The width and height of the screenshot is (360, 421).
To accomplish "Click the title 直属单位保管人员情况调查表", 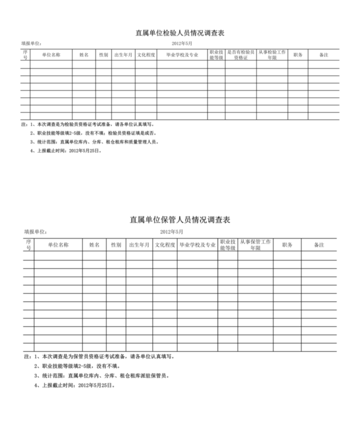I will point(180,220).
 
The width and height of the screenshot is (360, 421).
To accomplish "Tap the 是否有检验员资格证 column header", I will point(241,55).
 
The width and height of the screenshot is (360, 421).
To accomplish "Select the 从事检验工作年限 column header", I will point(272,55).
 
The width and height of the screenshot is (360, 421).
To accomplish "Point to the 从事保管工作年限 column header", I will point(255,245).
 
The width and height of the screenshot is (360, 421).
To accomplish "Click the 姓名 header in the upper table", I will point(84,55).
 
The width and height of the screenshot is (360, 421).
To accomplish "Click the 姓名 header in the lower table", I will point(94,245).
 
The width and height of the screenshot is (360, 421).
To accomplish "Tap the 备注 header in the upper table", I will point(323,55).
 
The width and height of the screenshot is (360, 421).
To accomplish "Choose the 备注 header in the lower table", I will point(319,245).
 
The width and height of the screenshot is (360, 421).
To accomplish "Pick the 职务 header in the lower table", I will point(287,245).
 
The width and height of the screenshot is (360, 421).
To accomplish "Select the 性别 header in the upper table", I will point(103,55).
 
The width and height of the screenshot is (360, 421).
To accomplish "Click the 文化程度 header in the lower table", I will point(165,245).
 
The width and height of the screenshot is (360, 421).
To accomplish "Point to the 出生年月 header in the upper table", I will point(123,55).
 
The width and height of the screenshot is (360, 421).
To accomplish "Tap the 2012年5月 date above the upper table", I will point(182,43).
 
